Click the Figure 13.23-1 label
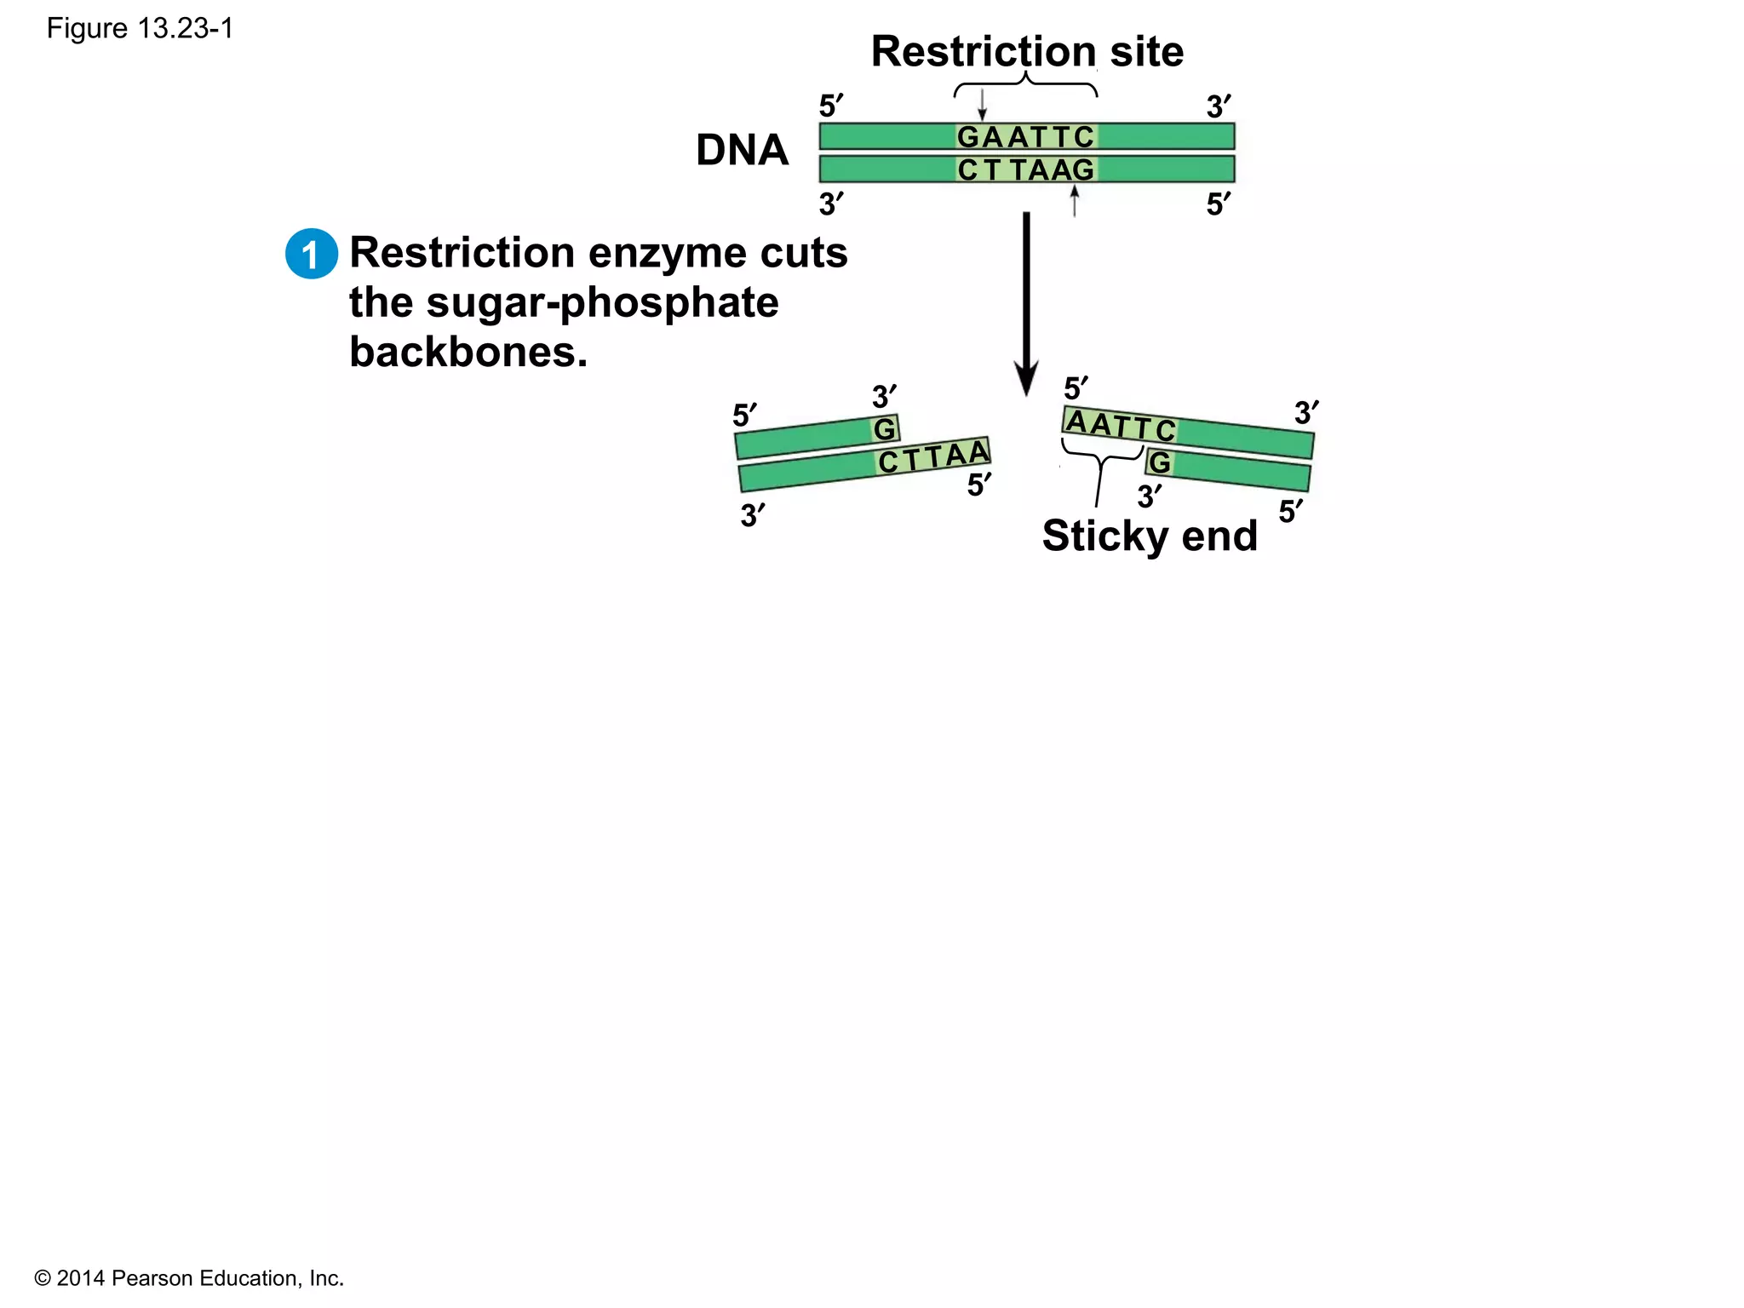(x=140, y=29)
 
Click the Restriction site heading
(x=1026, y=51)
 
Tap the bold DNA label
(x=742, y=150)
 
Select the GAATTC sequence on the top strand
(x=1025, y=136)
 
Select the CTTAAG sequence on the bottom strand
(x=1025, y=169)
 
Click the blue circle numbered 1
(x=311, y=254)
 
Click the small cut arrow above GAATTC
(x=982, y=105)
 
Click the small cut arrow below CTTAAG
(x=1075, y=201)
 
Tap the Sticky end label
(x=1149, y=536)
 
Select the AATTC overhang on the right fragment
(x=1120, y=425)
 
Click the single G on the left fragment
(x=885, y=428)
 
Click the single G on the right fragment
(x=1159, y=462)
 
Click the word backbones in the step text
(x=468, y=352)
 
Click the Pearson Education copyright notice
(x=188, y=1278)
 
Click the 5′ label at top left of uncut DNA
(x=830, y=106)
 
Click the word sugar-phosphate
(x=602, y=302)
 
